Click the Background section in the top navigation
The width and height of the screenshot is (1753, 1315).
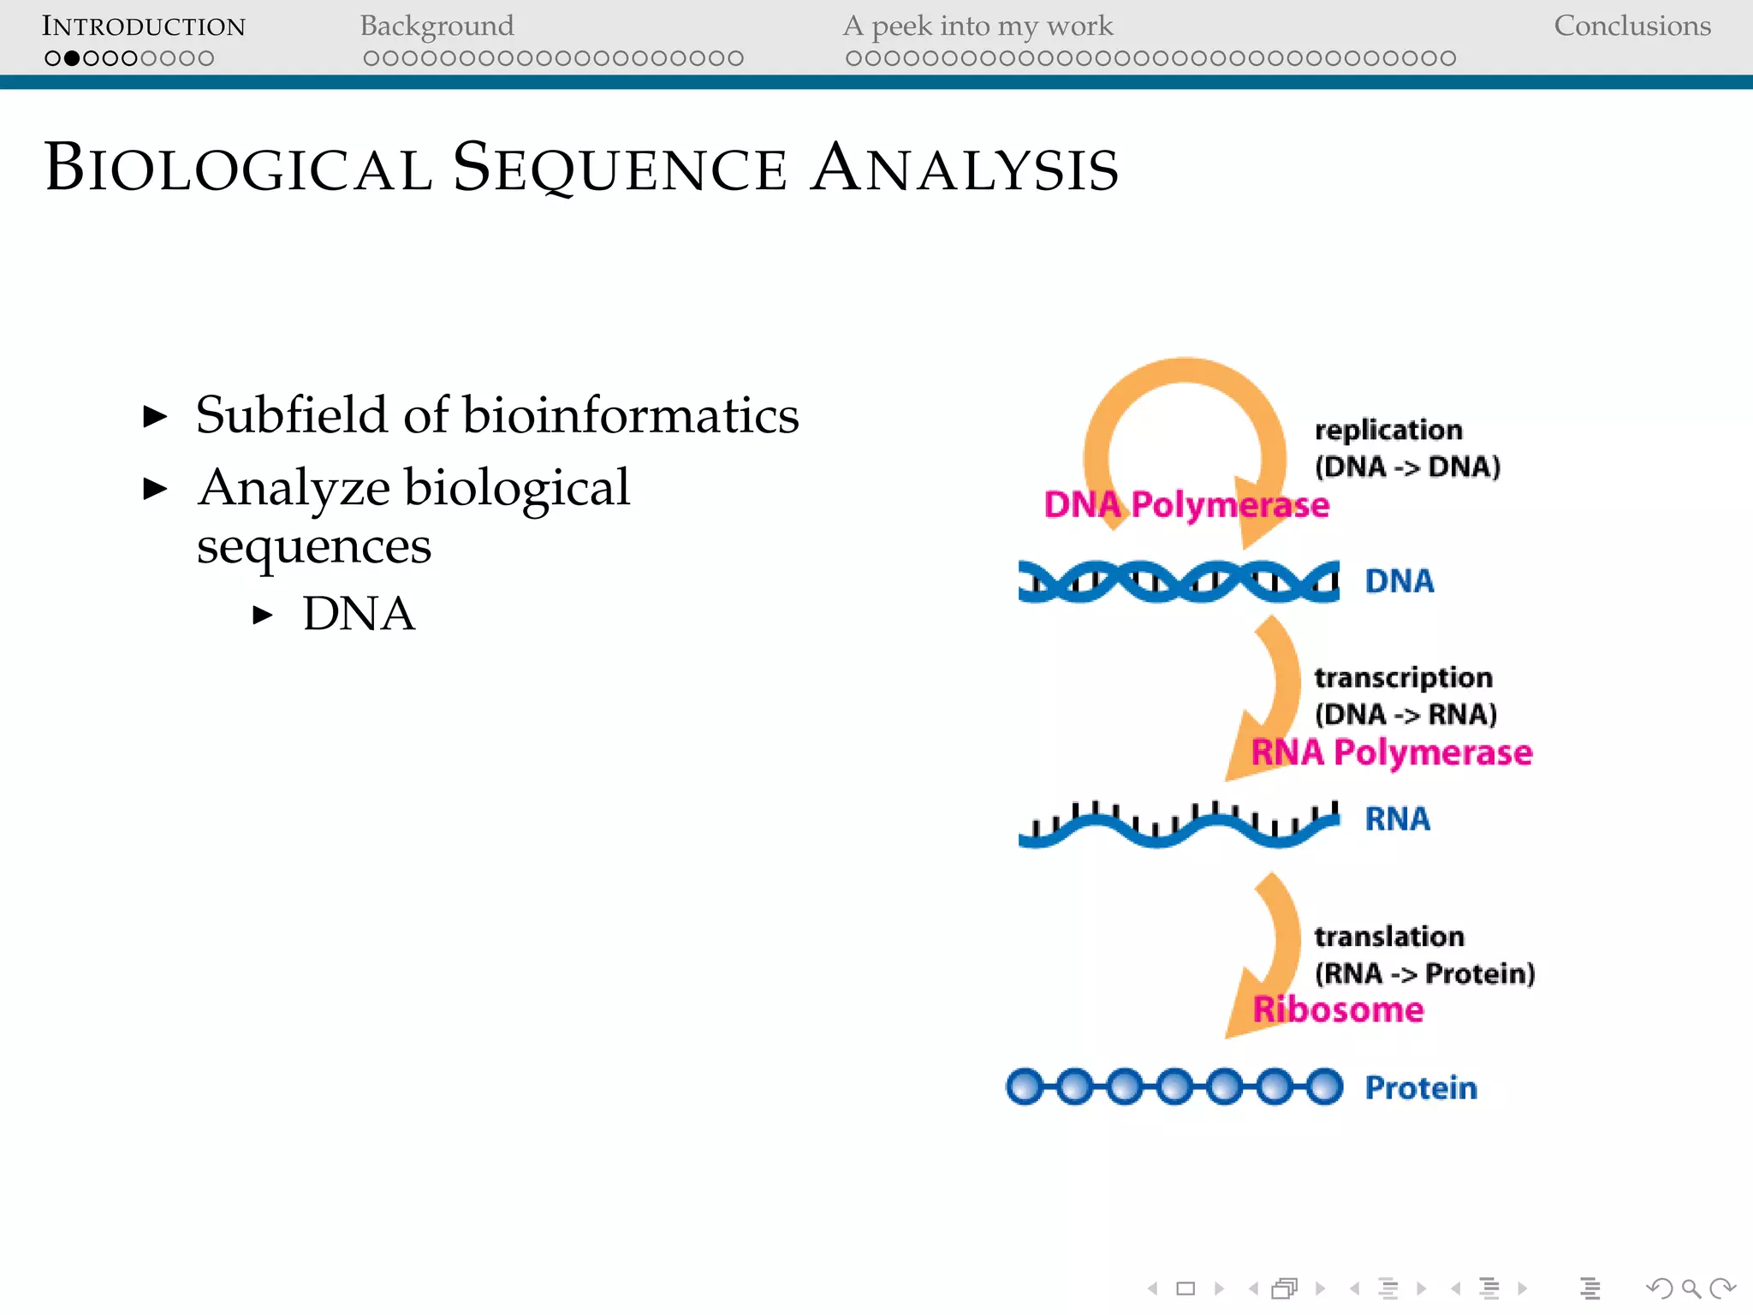pyautogui.click(x=437, y=26)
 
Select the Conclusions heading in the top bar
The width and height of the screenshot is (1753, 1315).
pyautogui.click(x=1631, y=26)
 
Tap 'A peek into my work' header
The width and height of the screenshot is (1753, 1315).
pyautogui.click(x=978, y=26)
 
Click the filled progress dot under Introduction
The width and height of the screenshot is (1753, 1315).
pyautogui.click(x=72, y=58)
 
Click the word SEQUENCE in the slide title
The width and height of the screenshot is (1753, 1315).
pyautogui.click(x=619, y=168)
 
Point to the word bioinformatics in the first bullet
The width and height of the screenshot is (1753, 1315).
pyautogui.click(x=630, y=415)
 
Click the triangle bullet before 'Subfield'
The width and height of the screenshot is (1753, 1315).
pyautogui.click(x=155, y=417)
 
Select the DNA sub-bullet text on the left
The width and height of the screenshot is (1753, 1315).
pyautogui.click(x=359, y=614)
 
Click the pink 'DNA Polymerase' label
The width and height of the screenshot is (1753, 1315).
pyautogui.click(x=1186, y=505)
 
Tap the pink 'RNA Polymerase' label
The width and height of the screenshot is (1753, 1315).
pyautogui.click(x=1391, y=753)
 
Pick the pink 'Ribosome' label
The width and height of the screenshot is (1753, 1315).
pyautogui.click(x=1338, y=1010)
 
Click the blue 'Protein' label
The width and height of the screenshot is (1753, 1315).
pyautogui.click(x=1421, y=1088)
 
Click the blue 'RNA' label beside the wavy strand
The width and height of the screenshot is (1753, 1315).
pyautogui.click(x=1397, y=819)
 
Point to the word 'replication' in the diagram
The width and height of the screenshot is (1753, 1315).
pyautogui.click(x=1388, y=430)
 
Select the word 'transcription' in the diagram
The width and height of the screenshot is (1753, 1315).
pyautogui.click(x=1404, y=677)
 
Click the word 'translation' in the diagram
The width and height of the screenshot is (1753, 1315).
pyautogui.click(x=1389, y=937)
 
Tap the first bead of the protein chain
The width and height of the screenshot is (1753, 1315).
pyautogui.click(x=1025, y=1086)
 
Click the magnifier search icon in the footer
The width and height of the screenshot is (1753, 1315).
pyautogui.click(x=1691, y=1288)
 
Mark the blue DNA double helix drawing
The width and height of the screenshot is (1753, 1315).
pyautogui.click(x=1178, y=581)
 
